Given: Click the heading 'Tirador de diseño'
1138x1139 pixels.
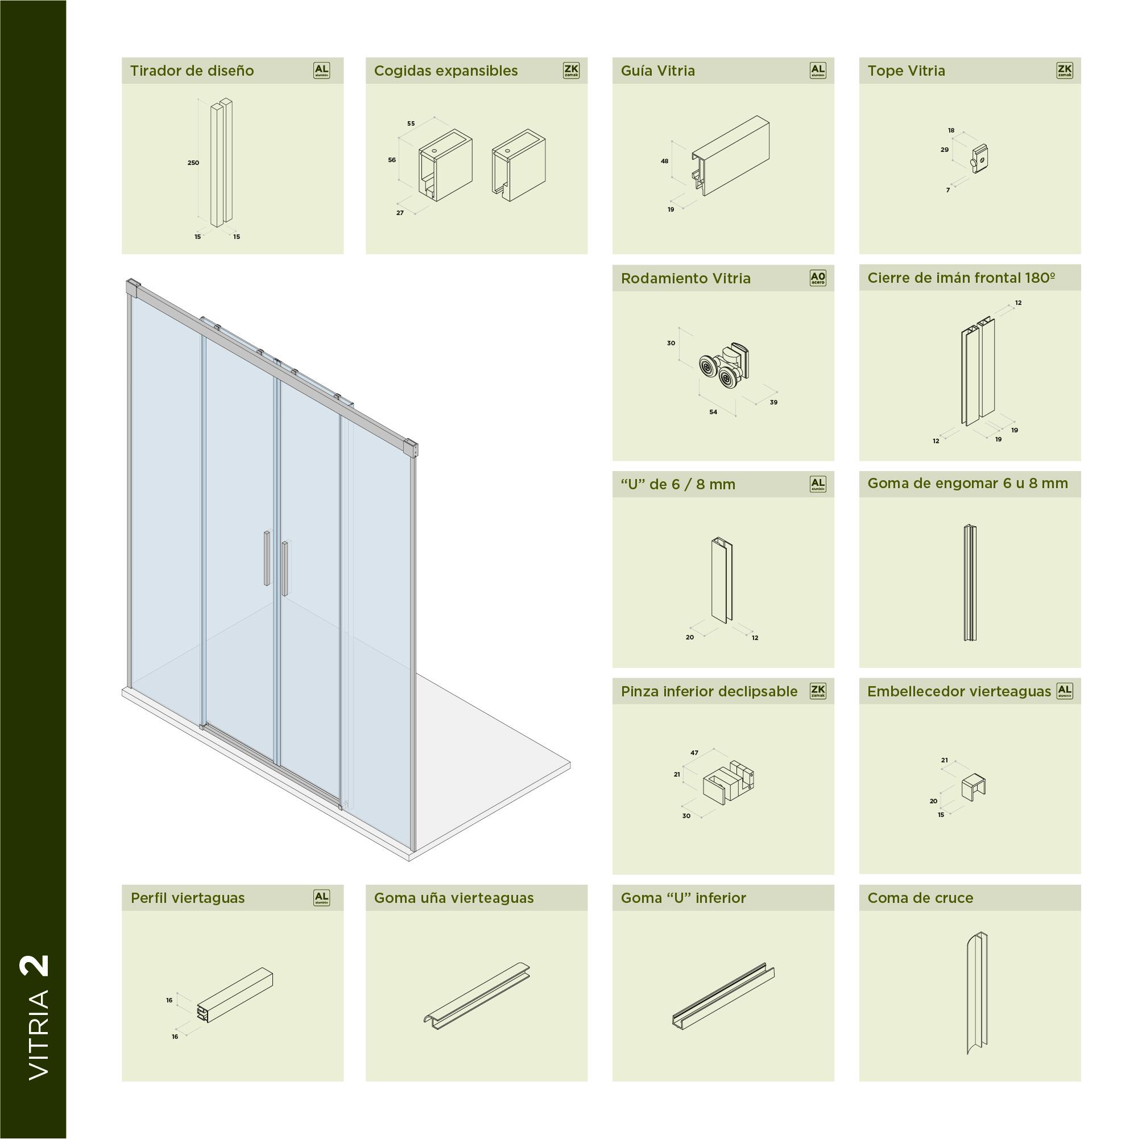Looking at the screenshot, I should coord(192,71).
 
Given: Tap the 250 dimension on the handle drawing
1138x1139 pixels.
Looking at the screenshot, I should coord(193,163).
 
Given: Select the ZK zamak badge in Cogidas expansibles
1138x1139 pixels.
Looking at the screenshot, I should coord(570,71).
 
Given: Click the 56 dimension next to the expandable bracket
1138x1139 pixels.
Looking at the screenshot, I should coord(392,160).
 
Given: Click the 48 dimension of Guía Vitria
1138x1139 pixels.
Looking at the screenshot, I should coord(665,162).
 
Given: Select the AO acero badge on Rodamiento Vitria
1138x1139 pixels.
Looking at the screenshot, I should coord(817,278).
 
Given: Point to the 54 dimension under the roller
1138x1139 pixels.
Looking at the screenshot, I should coord(713,412).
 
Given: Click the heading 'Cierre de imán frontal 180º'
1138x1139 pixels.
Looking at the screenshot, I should coord(961,278).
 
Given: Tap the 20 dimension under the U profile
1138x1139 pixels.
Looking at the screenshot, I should coord(689,637).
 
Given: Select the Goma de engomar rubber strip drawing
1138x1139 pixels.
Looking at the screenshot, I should coord(970,583).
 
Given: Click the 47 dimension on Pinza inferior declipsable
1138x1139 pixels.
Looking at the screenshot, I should coord(694,753).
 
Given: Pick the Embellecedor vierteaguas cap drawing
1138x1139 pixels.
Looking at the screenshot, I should coord(973,786).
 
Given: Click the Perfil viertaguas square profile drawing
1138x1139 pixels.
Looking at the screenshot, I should coord(235,995).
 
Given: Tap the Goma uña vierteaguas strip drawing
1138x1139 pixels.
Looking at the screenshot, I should coord(477,996).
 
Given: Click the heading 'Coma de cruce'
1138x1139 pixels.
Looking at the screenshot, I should coord(920,898).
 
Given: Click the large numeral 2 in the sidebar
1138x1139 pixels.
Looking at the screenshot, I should coord(35,966).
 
